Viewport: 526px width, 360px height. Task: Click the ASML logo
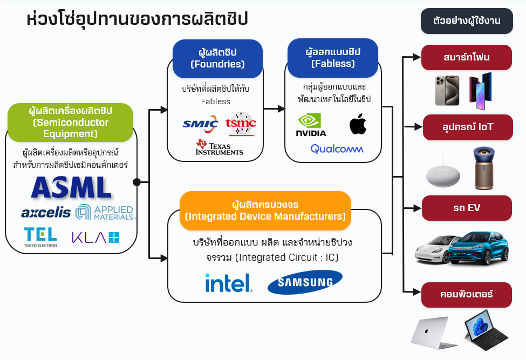pos(71,188)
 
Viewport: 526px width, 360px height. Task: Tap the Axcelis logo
pos(46,213)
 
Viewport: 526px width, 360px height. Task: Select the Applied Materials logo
pos(105,212)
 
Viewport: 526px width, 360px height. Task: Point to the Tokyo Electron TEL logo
pos(40,236)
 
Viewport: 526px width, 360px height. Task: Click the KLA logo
pos(95,236)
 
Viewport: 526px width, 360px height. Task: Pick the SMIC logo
pos(200,124)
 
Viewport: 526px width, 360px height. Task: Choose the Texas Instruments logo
pos(220,147)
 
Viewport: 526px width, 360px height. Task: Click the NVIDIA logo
pos(311,125)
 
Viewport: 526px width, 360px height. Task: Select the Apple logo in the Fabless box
pos(358,124)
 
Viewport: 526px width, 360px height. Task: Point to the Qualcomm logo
pos(337,148)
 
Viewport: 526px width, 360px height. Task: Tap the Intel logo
pos(229,283)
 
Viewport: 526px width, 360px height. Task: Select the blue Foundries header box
pos(217,58)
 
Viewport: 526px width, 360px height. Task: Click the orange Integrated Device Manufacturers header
pos(265,210)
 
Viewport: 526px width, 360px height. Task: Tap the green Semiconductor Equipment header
pos(70,123)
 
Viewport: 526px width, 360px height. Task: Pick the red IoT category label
pos(467,127)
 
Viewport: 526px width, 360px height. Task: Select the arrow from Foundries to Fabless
pos(274,108)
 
